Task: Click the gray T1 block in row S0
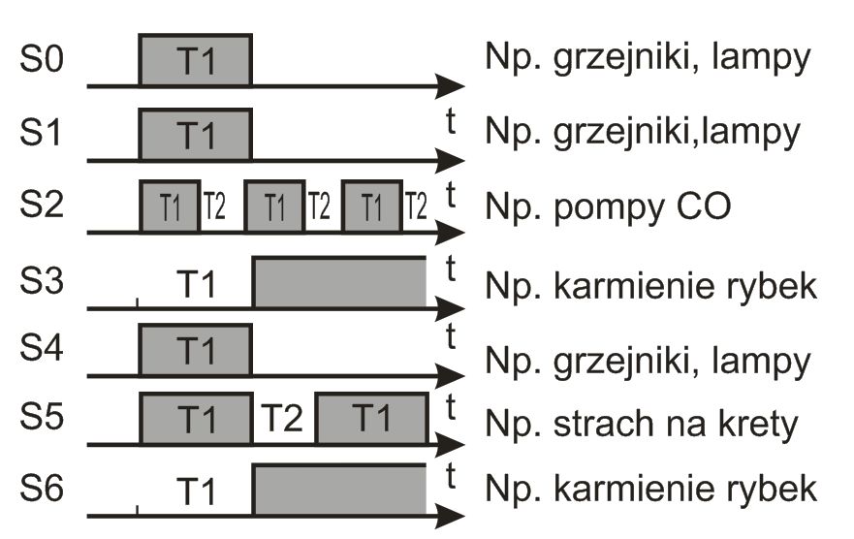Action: coord(196,61)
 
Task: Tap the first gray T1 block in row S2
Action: coord(170,206)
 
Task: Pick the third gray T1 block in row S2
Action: coord(372,206)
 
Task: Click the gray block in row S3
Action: coord(339,283)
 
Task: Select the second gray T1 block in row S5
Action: coord(372,419)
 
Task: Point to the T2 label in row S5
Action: coord(284,421)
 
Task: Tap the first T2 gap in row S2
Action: coord(214,206)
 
